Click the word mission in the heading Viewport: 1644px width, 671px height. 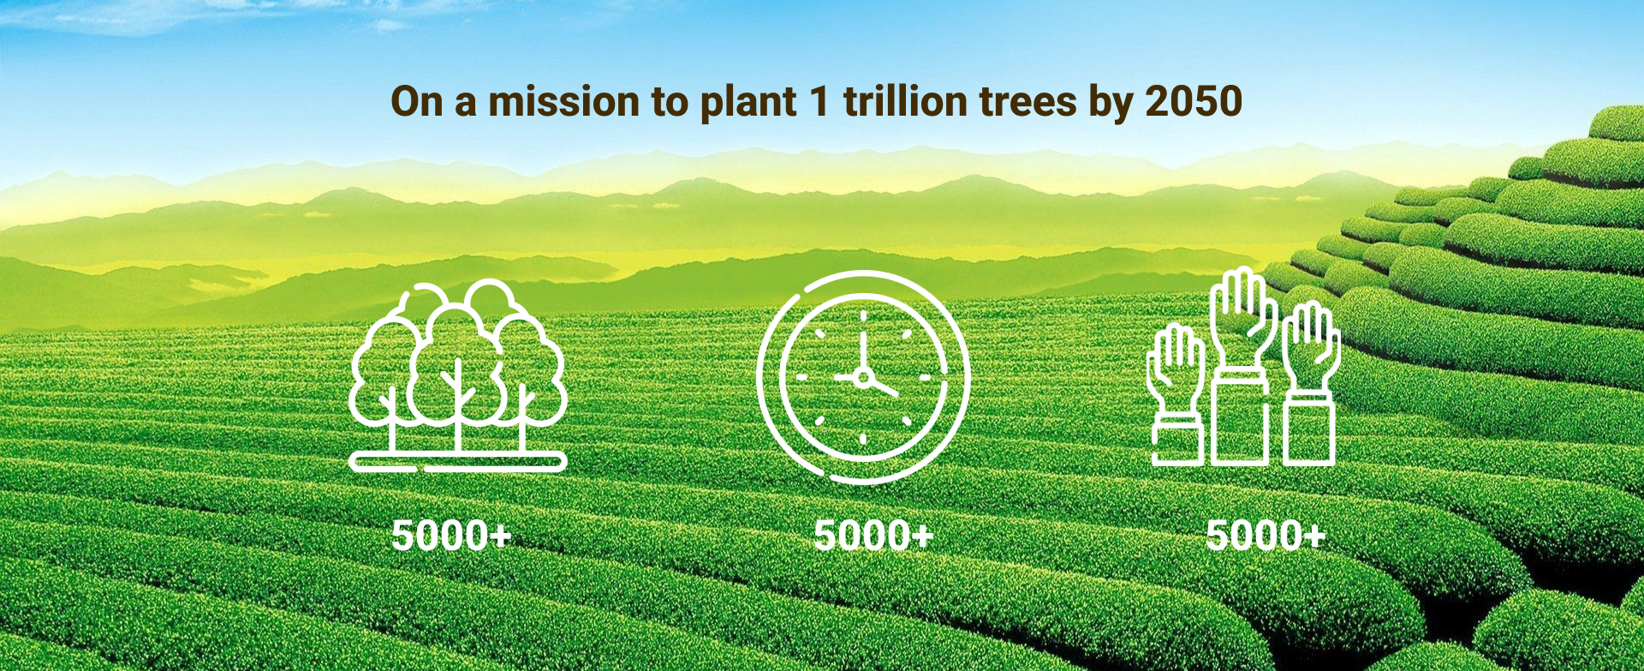click(x=563, y=101)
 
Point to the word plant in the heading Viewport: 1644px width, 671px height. click(x=748, y=103)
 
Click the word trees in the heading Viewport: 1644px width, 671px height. click(x=1027, y=103)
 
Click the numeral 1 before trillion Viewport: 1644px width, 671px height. click(x=819, y=101)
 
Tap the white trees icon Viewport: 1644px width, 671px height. click(x=458, y=376)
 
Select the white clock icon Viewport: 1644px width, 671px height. click(x=863, y=377)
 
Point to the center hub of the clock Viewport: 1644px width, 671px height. click(x=863, y=377)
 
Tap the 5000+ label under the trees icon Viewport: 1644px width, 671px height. click(x=451, y=536)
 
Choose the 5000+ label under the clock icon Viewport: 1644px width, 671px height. click(x=873, y=536)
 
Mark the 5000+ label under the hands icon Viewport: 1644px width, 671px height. click(x=1266, y=536)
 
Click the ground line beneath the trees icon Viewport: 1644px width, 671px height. click(x=458, y=462)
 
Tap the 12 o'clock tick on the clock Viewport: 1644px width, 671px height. click(x=863, y=316)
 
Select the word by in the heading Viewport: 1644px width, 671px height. click(x=1111, y=104)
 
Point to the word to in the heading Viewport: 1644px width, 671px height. click(x=670, y=103)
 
